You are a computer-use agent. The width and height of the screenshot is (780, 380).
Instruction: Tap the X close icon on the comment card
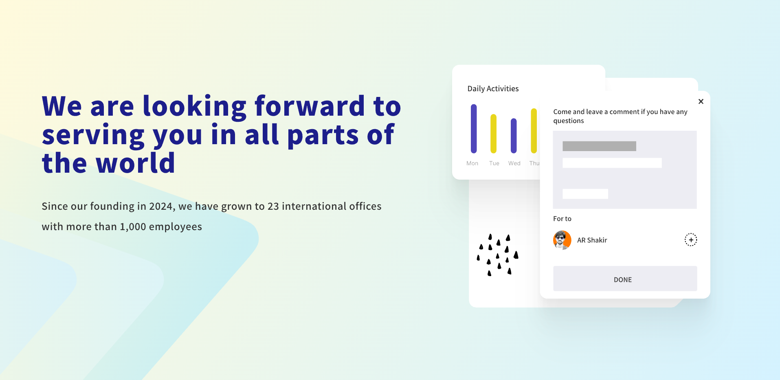pos(701,101)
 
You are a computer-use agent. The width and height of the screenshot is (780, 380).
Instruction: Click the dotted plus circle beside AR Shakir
pos(691,240)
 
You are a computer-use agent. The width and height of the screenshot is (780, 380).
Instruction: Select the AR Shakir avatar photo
pos(562,240)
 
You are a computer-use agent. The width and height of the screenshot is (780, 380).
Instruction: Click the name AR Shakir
pos(592,240)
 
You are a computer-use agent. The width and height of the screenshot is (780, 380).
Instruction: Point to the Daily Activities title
pos(493,89)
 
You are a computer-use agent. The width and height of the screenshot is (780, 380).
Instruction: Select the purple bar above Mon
pos(474,129)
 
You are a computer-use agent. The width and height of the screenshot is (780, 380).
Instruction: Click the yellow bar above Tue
pos(494,134)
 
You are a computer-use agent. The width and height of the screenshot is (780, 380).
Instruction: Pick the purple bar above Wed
pos(514,136)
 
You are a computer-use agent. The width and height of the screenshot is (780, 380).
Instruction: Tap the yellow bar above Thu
pos(534,131)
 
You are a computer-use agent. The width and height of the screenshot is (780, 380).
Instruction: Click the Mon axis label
pos(472,163)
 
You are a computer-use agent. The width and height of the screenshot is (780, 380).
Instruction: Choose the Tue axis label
pos(494,163)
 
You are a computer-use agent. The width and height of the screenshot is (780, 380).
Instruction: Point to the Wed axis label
pos(514,163)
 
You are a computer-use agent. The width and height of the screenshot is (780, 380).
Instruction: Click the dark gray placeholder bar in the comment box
pos(599,146)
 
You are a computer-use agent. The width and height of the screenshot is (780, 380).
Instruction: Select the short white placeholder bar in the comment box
pos(585,194)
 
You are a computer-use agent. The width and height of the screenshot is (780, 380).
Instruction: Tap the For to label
pos(562,219)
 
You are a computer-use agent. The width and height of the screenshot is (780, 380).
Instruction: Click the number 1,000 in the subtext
pos(133,227)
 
